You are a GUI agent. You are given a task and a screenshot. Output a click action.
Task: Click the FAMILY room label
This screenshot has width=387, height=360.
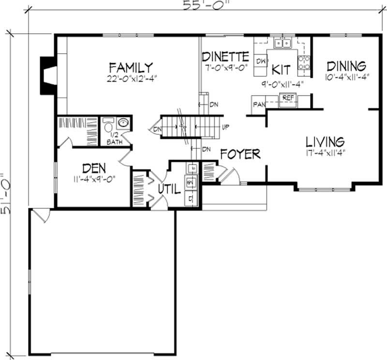[x=131, y=67]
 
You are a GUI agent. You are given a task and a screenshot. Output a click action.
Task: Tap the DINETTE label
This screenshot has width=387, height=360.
[x=225, y=56]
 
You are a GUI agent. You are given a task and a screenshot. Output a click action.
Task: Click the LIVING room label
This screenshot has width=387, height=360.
[x=325, y=142]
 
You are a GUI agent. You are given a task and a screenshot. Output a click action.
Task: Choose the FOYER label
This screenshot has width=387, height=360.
[x=240, y=154]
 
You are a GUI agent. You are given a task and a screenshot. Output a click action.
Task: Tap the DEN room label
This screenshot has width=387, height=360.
[x=94, y=169]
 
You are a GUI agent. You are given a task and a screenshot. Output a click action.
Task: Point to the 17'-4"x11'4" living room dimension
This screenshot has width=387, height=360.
[x=325, y=153]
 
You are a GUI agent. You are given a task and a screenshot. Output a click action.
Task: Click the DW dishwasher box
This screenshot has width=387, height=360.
[x=261, y=61]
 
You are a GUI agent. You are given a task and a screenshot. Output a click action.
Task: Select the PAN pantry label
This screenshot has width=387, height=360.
[x=258, y=104]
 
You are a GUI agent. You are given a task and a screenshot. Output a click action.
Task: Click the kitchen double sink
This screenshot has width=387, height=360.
[x=283, y=44]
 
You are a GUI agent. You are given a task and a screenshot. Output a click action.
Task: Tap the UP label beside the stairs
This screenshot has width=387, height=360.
[x=225, y=128]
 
